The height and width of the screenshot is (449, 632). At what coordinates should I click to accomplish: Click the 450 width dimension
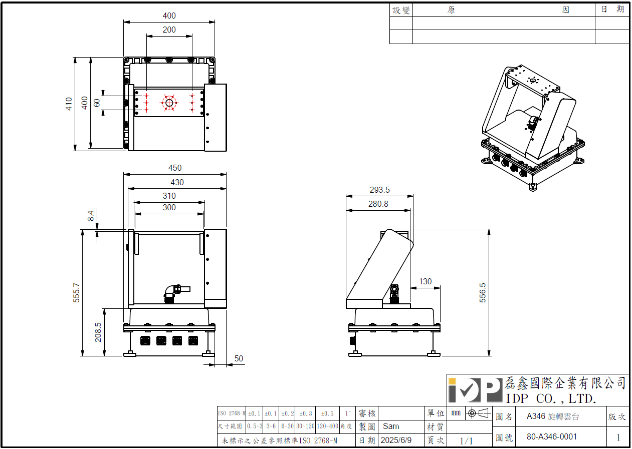point(174,168)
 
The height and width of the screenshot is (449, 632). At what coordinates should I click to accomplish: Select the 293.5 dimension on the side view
point(379,190)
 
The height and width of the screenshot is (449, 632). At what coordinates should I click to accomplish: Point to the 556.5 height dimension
point(483,292)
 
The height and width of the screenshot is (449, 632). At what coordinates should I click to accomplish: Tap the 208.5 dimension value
point(98,332)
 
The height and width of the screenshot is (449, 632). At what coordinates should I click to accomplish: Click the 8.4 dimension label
point(91,216)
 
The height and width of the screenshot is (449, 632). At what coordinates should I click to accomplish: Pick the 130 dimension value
point(425,281)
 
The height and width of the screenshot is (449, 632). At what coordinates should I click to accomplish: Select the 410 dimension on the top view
point(69,104)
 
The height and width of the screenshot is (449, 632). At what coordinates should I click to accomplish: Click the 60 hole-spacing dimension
point(97,103)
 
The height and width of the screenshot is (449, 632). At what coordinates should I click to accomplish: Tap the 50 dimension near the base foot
point(239,358)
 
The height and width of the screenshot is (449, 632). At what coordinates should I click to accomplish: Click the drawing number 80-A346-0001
point(552,436)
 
